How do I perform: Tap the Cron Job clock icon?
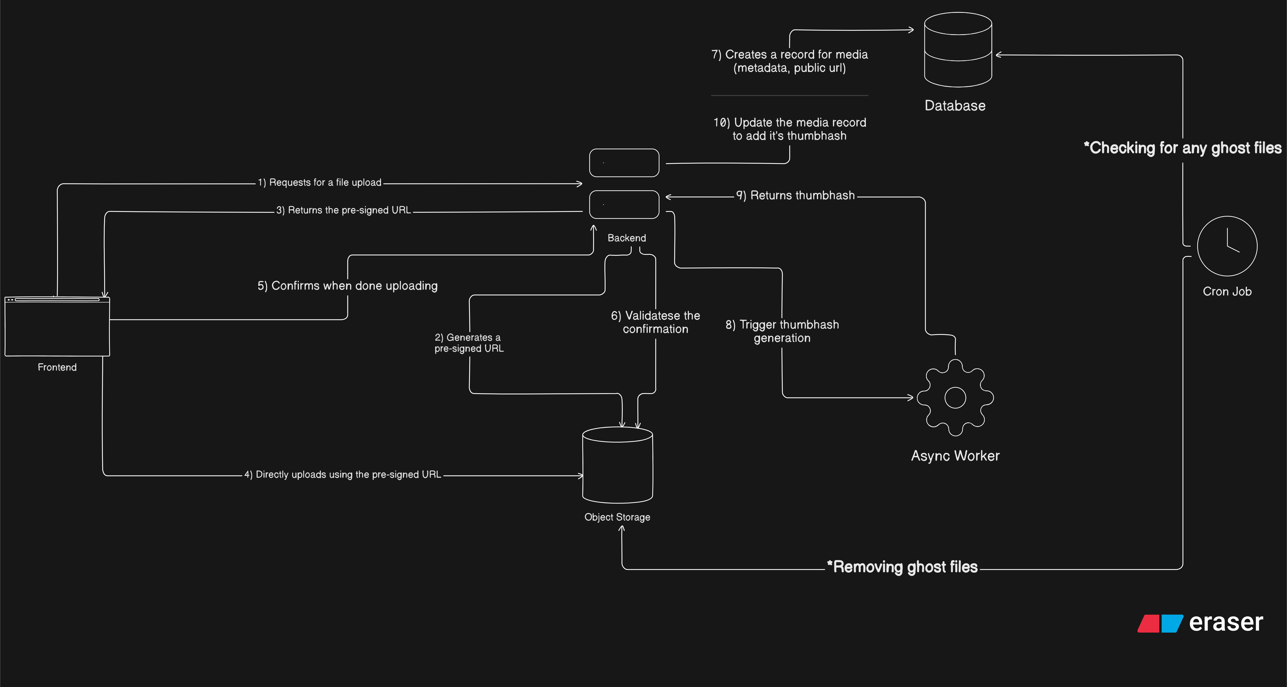1227,246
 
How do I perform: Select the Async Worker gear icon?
955,397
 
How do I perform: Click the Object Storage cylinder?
617,465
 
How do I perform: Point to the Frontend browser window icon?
57,327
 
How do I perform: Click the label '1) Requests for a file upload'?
319,183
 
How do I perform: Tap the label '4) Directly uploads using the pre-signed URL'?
343,475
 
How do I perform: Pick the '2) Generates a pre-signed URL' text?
469,343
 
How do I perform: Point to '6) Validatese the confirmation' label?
656,322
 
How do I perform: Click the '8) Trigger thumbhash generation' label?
782,331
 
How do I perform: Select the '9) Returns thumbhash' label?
795,196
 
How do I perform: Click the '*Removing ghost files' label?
902,567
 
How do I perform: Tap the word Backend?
627,238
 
